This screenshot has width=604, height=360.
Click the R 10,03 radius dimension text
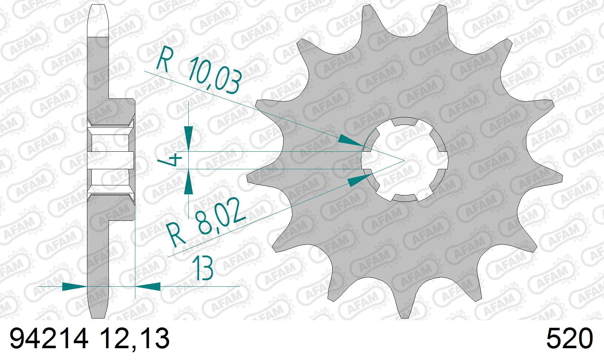click(198, 70)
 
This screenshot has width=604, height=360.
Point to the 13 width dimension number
click(203, 268)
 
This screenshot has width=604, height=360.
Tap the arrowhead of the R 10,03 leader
click(351, 141)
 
